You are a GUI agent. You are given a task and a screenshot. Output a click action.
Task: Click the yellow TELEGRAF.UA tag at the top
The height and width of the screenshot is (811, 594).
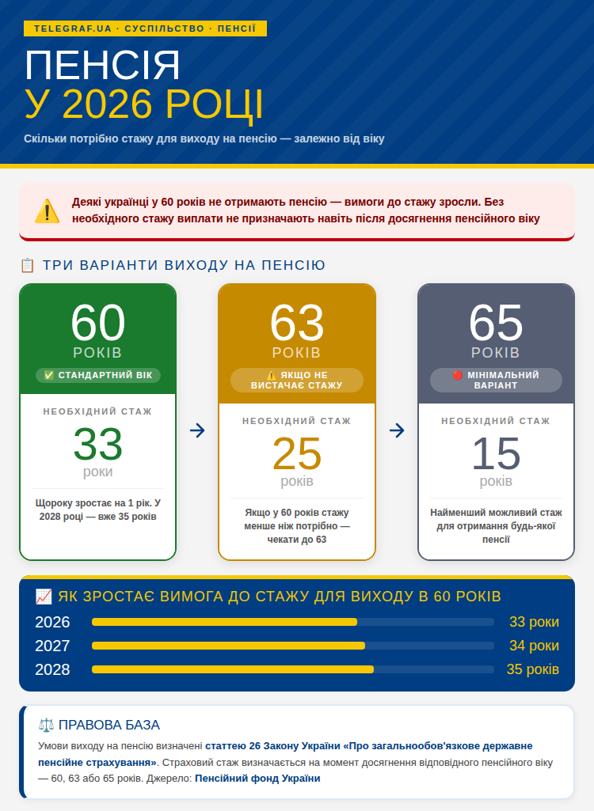click(145, 28)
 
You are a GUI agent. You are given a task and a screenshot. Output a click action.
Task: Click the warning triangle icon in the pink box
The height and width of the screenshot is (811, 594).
click(47, 211)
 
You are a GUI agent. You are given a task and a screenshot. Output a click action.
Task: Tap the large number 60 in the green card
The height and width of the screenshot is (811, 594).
click(98, 323)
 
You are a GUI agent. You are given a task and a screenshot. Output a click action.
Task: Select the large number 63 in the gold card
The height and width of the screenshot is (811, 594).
click(297, 323)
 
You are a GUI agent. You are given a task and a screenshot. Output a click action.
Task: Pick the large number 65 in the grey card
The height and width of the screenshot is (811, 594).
click(496, 323)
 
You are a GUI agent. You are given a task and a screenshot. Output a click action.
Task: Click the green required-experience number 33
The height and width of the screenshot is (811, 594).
click(98, 445)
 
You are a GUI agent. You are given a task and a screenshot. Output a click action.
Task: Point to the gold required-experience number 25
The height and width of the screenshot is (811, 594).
click(297, 454)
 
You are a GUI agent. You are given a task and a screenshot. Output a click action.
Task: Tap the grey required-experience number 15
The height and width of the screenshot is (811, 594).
click(496, 454)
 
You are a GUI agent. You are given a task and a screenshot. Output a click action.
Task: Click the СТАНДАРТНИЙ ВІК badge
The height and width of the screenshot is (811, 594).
click(98, 375)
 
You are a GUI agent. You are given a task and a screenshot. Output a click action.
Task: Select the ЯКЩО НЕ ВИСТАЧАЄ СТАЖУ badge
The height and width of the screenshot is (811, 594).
click(297, 380)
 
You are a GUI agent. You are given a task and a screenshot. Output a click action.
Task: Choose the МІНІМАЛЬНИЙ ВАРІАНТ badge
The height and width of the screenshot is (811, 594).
click(496, 380)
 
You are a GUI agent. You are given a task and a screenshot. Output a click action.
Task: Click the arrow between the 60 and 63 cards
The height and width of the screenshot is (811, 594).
click(197, 430)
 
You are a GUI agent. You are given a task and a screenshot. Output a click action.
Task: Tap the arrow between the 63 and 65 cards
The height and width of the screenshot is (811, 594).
click(397, 430)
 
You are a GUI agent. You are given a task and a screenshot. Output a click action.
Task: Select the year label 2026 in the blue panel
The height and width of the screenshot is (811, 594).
click(52, 622)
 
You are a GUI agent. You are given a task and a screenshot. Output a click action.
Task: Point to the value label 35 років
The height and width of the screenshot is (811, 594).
click(532, 669)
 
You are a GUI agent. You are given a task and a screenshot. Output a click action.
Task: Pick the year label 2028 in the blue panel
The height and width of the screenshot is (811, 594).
click(52, 669)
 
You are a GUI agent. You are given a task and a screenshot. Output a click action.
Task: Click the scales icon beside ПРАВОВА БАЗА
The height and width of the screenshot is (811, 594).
click(46, 725)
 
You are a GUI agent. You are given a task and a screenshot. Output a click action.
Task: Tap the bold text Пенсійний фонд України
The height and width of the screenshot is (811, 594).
click(257, 779)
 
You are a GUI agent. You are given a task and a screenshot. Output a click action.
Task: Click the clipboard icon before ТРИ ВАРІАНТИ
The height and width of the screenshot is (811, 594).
click(27, 265)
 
